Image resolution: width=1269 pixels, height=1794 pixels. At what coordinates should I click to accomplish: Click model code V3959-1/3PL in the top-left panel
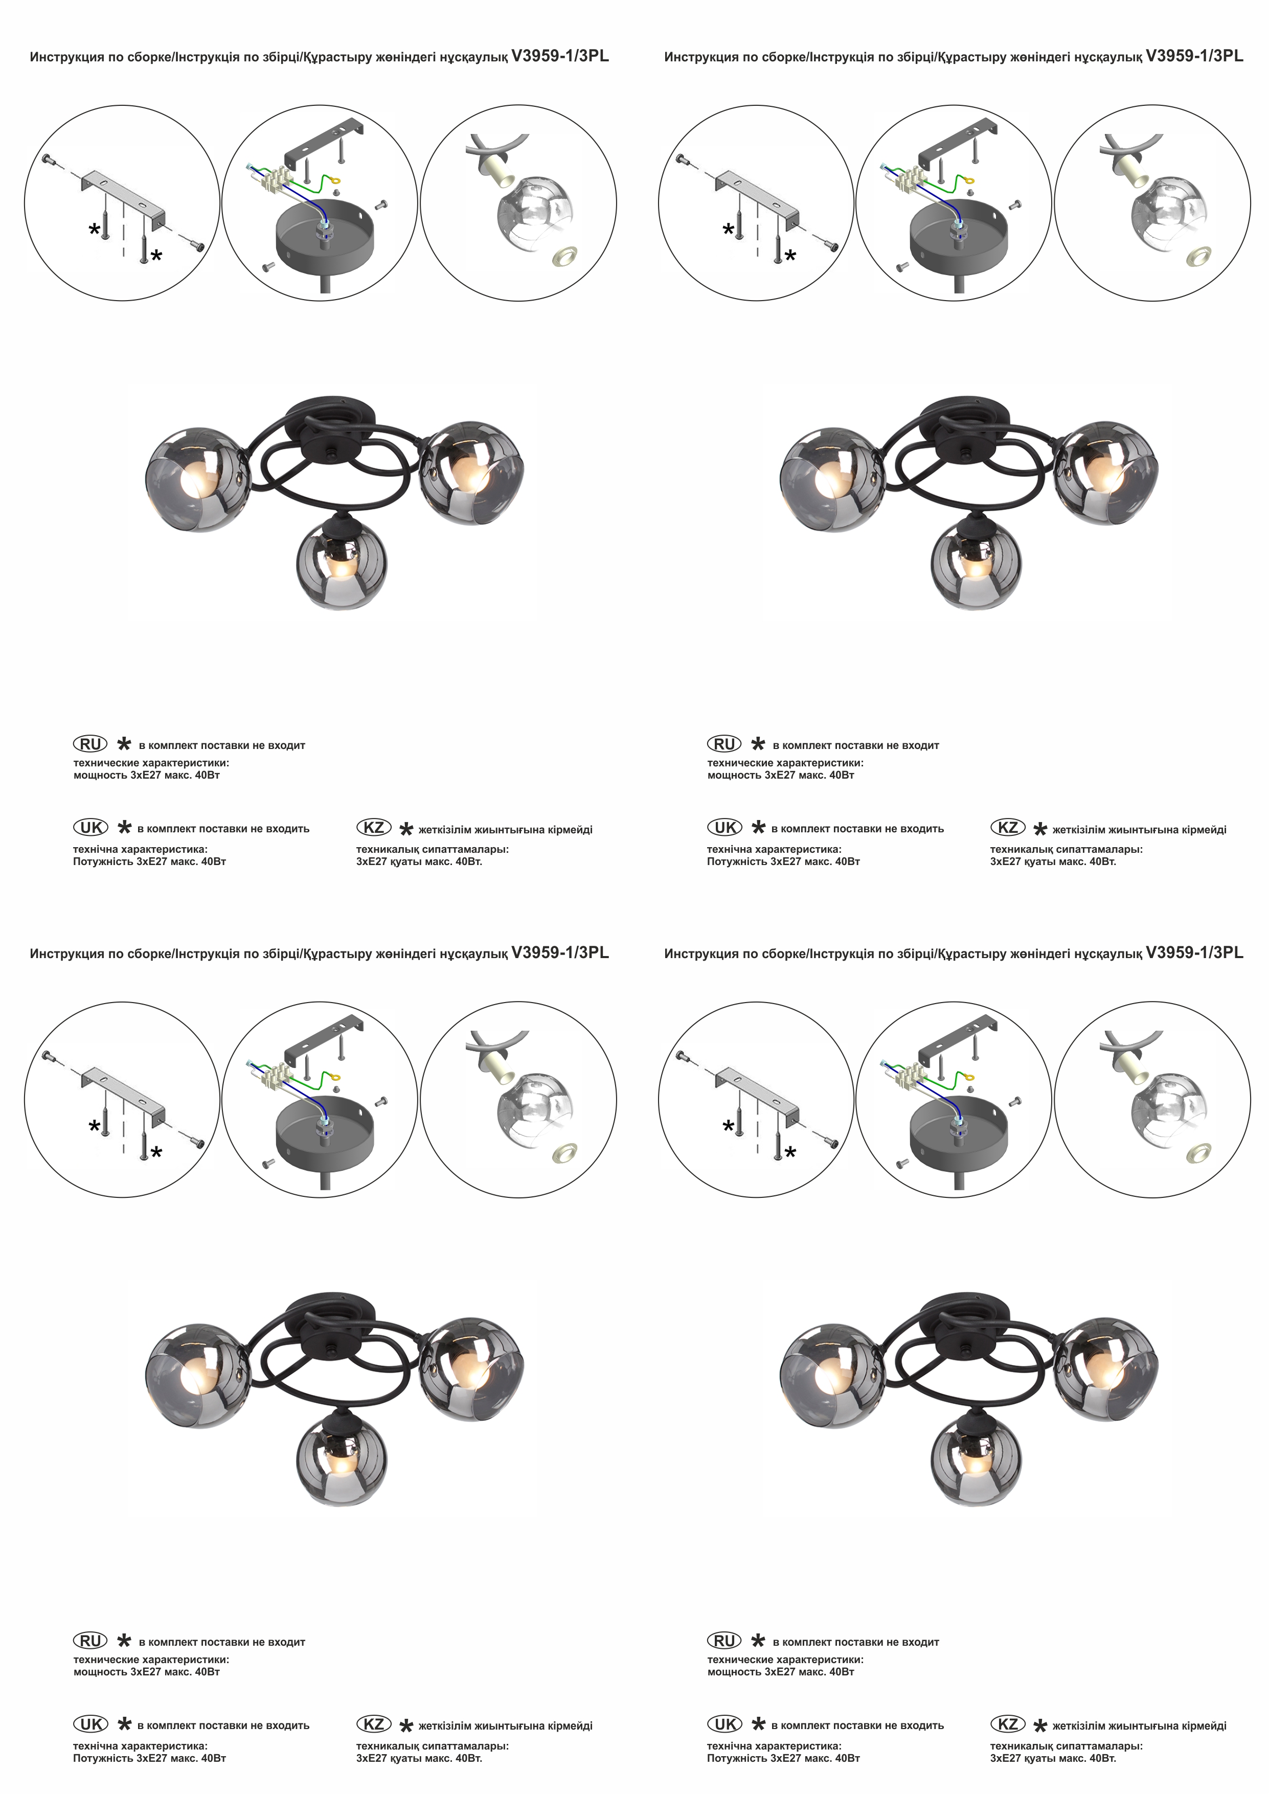(559, 56)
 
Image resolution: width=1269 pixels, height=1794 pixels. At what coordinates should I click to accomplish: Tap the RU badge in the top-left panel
(90, 744)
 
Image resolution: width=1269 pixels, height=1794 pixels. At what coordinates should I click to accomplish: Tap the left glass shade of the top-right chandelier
(832, 480)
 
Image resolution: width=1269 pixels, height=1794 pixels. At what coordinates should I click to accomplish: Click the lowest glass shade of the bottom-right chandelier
(976, 1460)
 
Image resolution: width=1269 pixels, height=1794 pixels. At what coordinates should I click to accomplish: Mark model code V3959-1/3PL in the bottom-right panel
(1194, 952)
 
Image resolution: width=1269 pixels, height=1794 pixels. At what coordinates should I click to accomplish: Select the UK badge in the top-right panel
(724, 827)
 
